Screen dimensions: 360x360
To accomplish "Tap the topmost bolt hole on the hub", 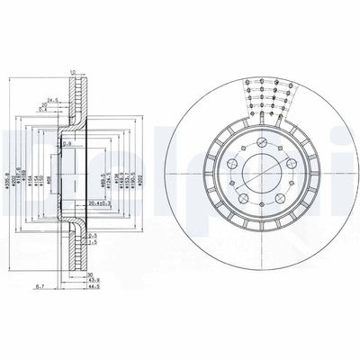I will [258, 145].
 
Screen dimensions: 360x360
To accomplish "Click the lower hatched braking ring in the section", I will [79, 252].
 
